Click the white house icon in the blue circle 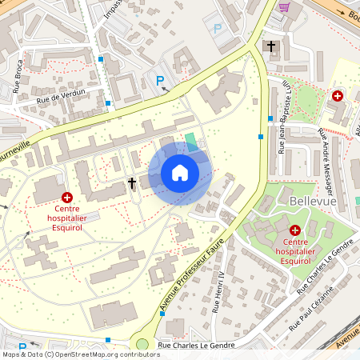pyautogui.click(x=179, y=172)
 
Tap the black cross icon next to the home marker pyautogui.click(x=132, y=183)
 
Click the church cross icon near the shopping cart pyautogui.click(x=271, y=46)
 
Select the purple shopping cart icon pyautogui.click(x=284, y=7)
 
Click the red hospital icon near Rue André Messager pyautogui.click(x=338, y=95)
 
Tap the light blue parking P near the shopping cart pyautogui.click(x=217, y=28)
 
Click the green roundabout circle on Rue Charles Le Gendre pyautogui.click(x=142, y=346)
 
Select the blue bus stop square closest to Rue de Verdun pyautogui.click(x=108, y=102)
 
